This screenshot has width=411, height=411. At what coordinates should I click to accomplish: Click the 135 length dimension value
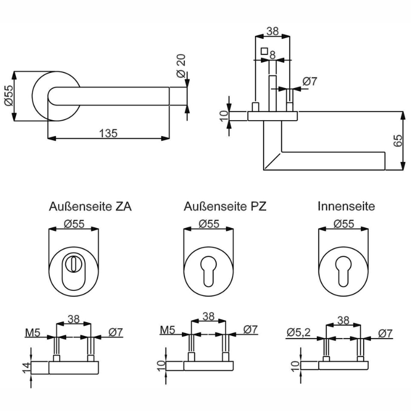(108, 133)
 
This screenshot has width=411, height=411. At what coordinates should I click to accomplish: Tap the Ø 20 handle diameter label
(181, 66)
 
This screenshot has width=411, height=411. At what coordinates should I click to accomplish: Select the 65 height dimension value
(398, 140)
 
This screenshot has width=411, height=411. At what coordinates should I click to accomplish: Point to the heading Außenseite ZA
(90, 207)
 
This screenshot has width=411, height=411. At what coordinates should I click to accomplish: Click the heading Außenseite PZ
(225, 207)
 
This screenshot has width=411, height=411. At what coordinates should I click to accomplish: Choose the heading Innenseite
(346, 206)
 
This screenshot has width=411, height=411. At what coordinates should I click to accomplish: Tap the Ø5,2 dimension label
(298, 332)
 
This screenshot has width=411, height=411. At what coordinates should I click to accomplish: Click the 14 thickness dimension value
(27, 368)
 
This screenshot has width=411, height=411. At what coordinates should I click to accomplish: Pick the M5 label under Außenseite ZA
(33, 332)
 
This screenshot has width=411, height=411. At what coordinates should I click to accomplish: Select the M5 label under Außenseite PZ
(167, 330)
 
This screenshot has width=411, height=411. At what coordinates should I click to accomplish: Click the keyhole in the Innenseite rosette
(343, 271)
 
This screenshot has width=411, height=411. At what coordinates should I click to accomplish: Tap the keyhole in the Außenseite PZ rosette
(209, 271)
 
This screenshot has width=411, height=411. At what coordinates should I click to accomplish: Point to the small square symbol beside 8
(264, 51)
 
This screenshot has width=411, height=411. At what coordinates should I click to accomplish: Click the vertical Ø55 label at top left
(9, 96)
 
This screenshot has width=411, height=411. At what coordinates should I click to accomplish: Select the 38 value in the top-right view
(273, 31)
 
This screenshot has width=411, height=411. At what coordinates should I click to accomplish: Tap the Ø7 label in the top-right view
(310, 81)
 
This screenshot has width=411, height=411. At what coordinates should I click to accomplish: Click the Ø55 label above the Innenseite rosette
(344, 224)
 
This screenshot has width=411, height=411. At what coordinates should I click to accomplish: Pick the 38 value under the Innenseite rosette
(343, 320)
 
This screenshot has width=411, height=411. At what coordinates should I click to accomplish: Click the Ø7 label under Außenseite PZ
(251, 329)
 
